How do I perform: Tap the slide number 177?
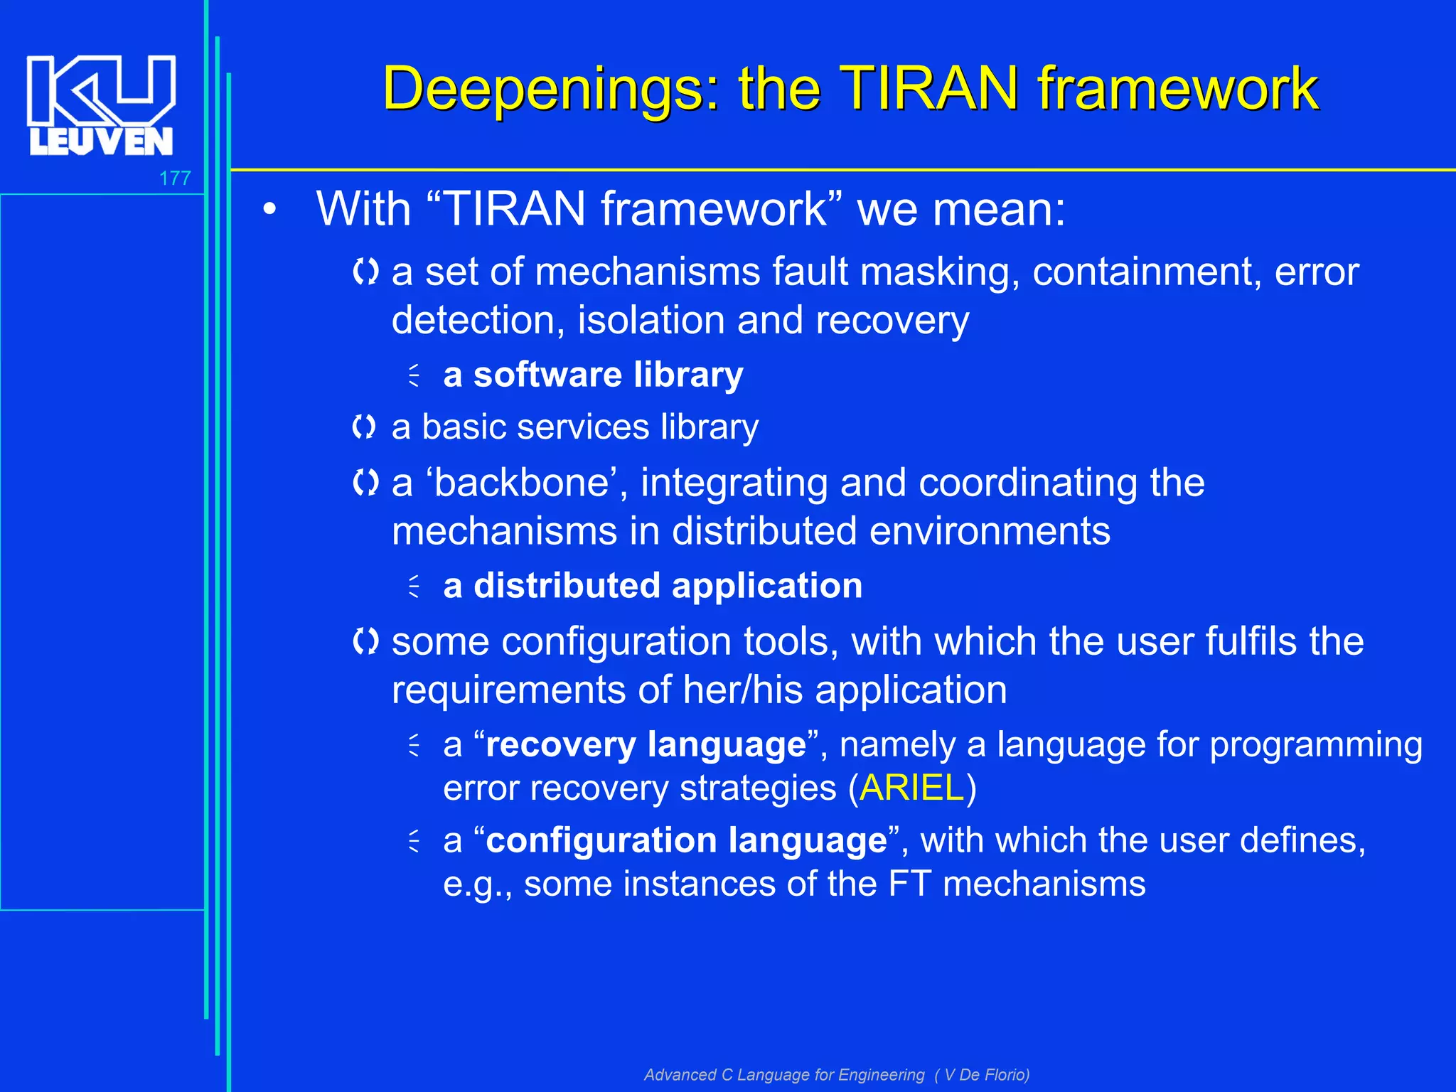pos(175,178)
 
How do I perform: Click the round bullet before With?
pos(269,210)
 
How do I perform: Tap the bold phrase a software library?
pos(593,375)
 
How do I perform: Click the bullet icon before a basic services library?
pos(365,427)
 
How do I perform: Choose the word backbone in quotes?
pos(523,483)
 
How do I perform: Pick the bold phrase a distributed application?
pos(653,586)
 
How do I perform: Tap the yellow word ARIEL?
pos(911,788)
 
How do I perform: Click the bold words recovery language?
pos(646,745)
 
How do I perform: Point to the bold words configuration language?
pos(686,840)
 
